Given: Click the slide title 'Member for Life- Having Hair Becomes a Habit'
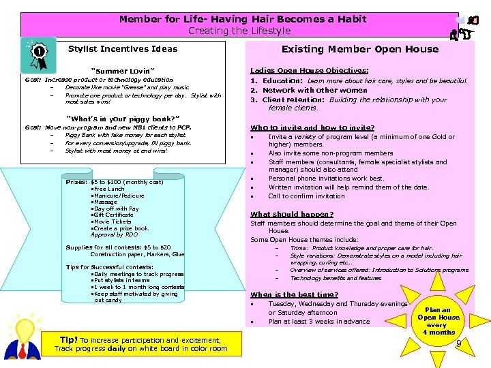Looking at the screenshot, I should pos(242,19).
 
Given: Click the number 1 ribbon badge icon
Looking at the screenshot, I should pos(39,53).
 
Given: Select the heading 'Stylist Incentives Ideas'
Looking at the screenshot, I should pos(123,49).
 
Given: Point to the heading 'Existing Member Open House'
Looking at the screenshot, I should pos(360,49).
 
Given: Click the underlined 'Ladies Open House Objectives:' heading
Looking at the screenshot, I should pos(309,70).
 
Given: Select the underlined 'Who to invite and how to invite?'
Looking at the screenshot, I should pos(312,127).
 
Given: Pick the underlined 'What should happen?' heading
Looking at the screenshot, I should pos(292,214).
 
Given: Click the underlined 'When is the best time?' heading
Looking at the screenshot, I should pos(294,294).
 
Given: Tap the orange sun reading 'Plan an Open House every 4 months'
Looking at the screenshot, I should pos(438,321).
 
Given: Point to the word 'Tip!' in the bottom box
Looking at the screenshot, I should pos(68,339).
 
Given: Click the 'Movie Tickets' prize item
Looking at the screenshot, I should pos(112,221).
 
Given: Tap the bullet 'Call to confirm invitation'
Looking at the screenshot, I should pos(306,196).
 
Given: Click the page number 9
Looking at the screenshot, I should pos(458,343).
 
